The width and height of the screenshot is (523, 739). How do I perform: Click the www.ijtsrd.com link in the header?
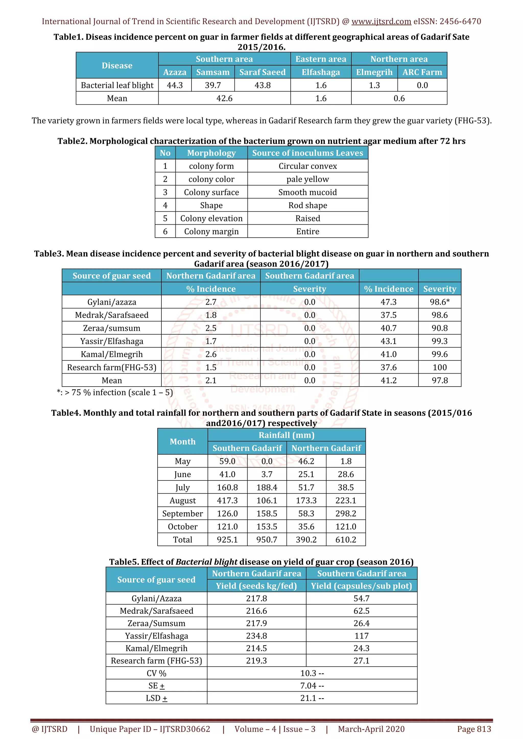tap(381, 22)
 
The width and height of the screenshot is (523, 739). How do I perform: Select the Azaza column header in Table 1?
tap(175, 72)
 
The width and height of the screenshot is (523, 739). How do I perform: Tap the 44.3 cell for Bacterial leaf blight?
tap(175, 85)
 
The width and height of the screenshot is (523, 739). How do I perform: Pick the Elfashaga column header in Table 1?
tap(321, 72)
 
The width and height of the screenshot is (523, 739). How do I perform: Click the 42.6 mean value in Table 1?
tap(224, 98)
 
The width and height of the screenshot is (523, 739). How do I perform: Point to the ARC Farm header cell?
tap(422, 72)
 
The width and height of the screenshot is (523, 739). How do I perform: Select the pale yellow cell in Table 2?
tap(308, 179)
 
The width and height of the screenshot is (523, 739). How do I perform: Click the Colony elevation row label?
tap(211, 219)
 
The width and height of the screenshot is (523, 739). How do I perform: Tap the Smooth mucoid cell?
tap(308, 193)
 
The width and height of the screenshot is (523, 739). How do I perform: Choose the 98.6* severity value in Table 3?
tap(439, 302)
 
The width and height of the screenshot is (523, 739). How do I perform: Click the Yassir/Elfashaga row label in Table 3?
tap(112, 341)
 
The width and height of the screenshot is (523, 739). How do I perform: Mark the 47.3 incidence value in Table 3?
tap(389, 302)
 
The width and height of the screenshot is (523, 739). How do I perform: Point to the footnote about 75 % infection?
tap(115, 393)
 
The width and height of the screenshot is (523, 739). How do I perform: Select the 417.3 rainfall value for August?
tap(227, 501)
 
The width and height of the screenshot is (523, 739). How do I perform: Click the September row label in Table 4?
tap(183, 514)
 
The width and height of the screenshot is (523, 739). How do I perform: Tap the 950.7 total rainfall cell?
tap(267, 540)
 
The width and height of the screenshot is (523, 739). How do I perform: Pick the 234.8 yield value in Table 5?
tap(256, 636)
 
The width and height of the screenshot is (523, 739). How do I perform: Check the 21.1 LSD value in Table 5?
tap(312, 698)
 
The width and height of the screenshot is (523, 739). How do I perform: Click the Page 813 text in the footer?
tap(474, 729)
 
